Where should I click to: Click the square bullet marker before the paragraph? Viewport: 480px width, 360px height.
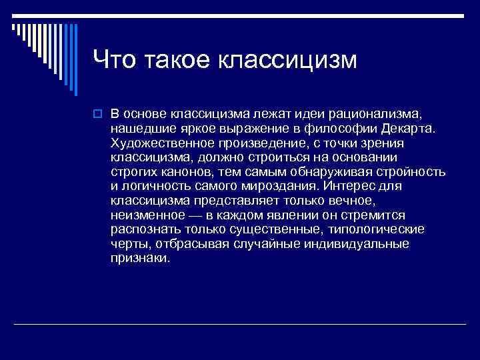[97, 115]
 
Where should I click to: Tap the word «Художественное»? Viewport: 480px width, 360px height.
[155, 143]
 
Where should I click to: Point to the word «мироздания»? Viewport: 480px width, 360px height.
[282, 186]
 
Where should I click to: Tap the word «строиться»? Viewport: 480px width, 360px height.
[243, 157]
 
